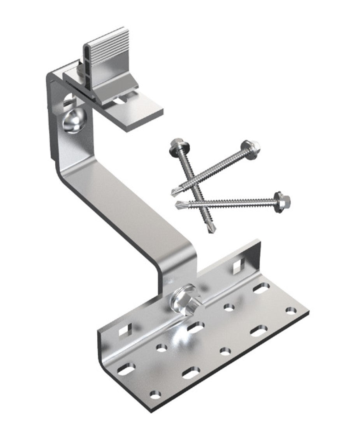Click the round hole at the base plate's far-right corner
[290, 311]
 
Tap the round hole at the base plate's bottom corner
[155, 395]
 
